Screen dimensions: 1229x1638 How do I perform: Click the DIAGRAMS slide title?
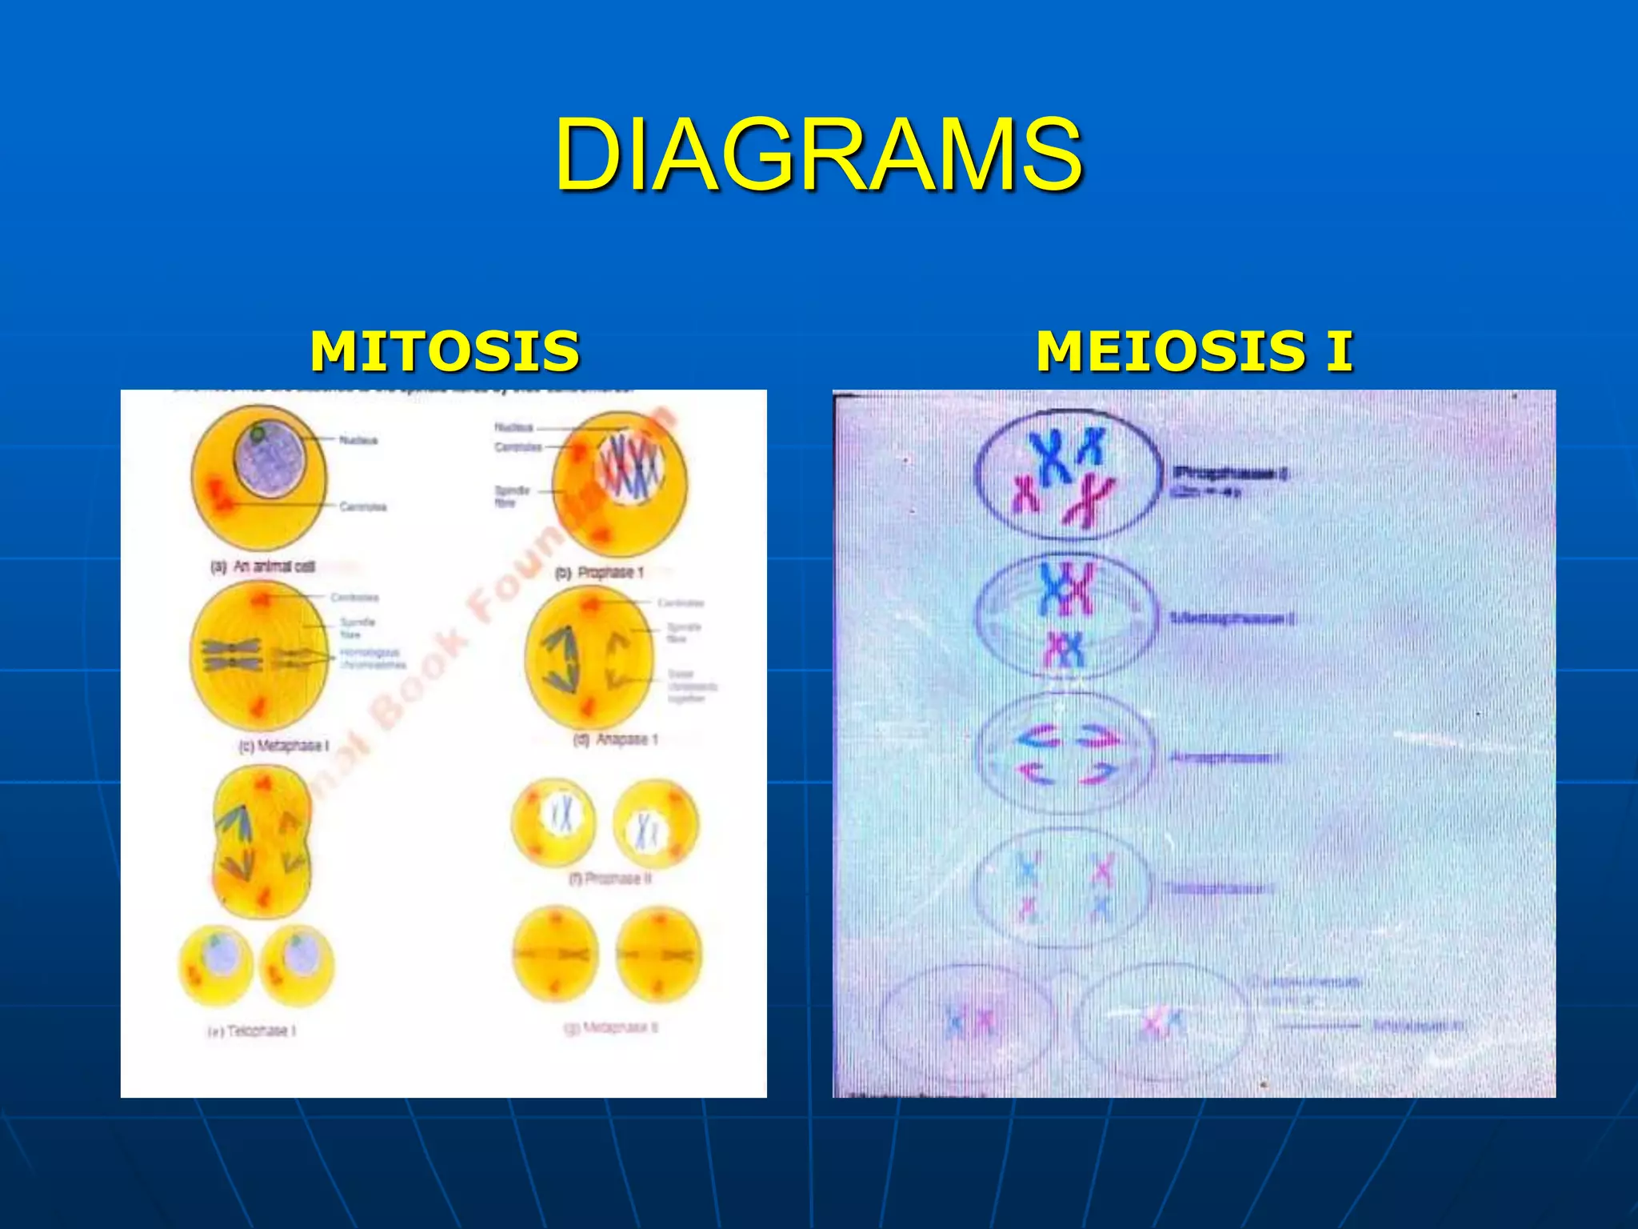tap(819, 154)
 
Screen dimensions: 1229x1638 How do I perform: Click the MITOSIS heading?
tap(445, 351)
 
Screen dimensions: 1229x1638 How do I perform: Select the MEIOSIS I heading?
tap(1194, 351)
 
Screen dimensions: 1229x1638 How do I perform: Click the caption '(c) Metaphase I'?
tap(284, 746)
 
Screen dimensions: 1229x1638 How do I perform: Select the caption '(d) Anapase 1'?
tap(617, 739)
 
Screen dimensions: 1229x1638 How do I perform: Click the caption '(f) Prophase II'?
tap(611, 879)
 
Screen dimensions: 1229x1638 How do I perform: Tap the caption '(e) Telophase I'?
tap(253, 1031)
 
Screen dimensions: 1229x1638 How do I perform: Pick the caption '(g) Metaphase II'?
tap(612, 1027)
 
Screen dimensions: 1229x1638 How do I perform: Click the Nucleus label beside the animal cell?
tap(358, 440)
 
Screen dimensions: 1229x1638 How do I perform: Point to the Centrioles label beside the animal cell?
tap(362, 506)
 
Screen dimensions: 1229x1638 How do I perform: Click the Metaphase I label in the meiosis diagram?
tap(1232, 619)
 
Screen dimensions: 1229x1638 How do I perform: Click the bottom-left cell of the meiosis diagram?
tap(967, 1023)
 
